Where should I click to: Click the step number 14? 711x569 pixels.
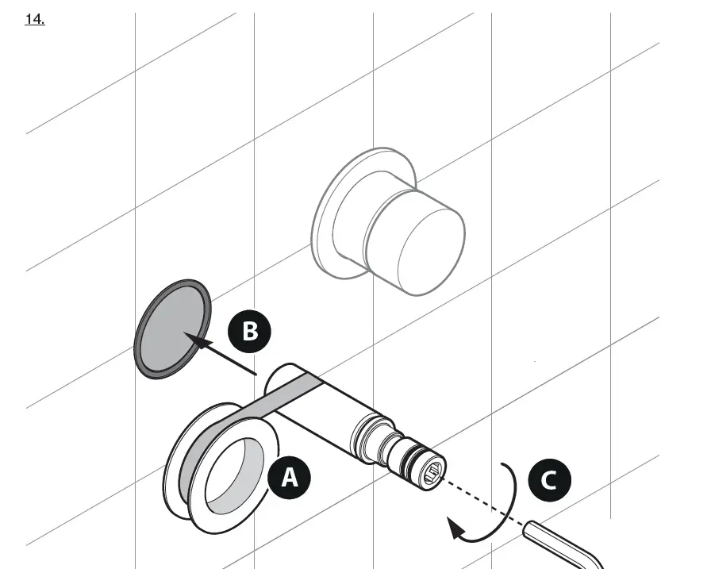(35, 20)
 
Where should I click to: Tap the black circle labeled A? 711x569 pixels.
(289, 477)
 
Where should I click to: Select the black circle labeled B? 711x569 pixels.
(249, 330)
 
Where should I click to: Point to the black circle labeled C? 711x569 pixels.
(548, 479)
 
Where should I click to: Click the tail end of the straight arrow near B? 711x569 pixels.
(256, 372)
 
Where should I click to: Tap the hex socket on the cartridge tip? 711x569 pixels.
(433, 476)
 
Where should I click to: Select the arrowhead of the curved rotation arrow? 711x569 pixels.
(455, 529)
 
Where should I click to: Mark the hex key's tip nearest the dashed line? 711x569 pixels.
(528, 525)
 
